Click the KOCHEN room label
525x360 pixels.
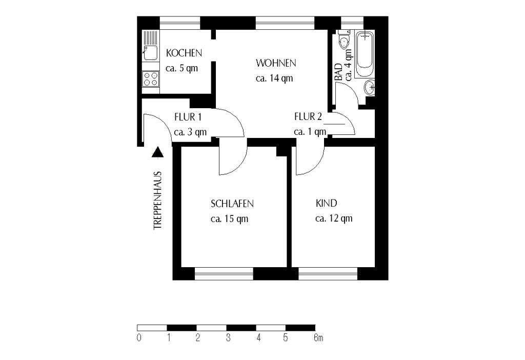click(x=184, y=53)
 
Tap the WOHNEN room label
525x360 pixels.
click(x=276, y=64)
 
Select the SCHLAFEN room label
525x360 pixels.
click(x=232, y=204)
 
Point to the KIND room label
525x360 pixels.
click(x=326, y=203)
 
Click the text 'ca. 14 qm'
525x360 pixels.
click(x=274, y=78)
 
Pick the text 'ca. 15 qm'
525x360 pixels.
click(x=230, y=219)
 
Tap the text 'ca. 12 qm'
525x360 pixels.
click(x=334, y=218)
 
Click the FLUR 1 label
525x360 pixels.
click(x=188, y=116)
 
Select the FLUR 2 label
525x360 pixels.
click(x=308, y=116)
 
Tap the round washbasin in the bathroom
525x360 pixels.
click(x=370, y=88)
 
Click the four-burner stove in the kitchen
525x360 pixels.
click(x=151, y=78)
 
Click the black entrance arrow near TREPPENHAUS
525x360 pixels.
click(x=158, y=151)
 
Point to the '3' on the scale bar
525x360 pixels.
click(x=228, y=338)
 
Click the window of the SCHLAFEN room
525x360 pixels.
click(x=224, y=274)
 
